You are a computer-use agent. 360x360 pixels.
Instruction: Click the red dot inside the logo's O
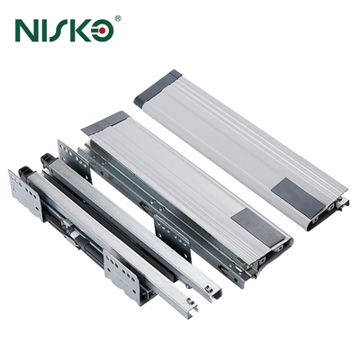pos(103,31)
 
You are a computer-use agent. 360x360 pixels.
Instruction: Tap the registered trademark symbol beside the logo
pos(118,19)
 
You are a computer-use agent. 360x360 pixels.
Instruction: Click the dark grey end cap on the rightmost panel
pos(157,88)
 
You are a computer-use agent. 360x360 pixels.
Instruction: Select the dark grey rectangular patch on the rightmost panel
pos(298,197)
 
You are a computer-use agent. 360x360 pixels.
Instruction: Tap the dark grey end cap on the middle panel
pos(105,123)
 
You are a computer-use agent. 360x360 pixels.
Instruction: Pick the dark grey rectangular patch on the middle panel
pos(258,228)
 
